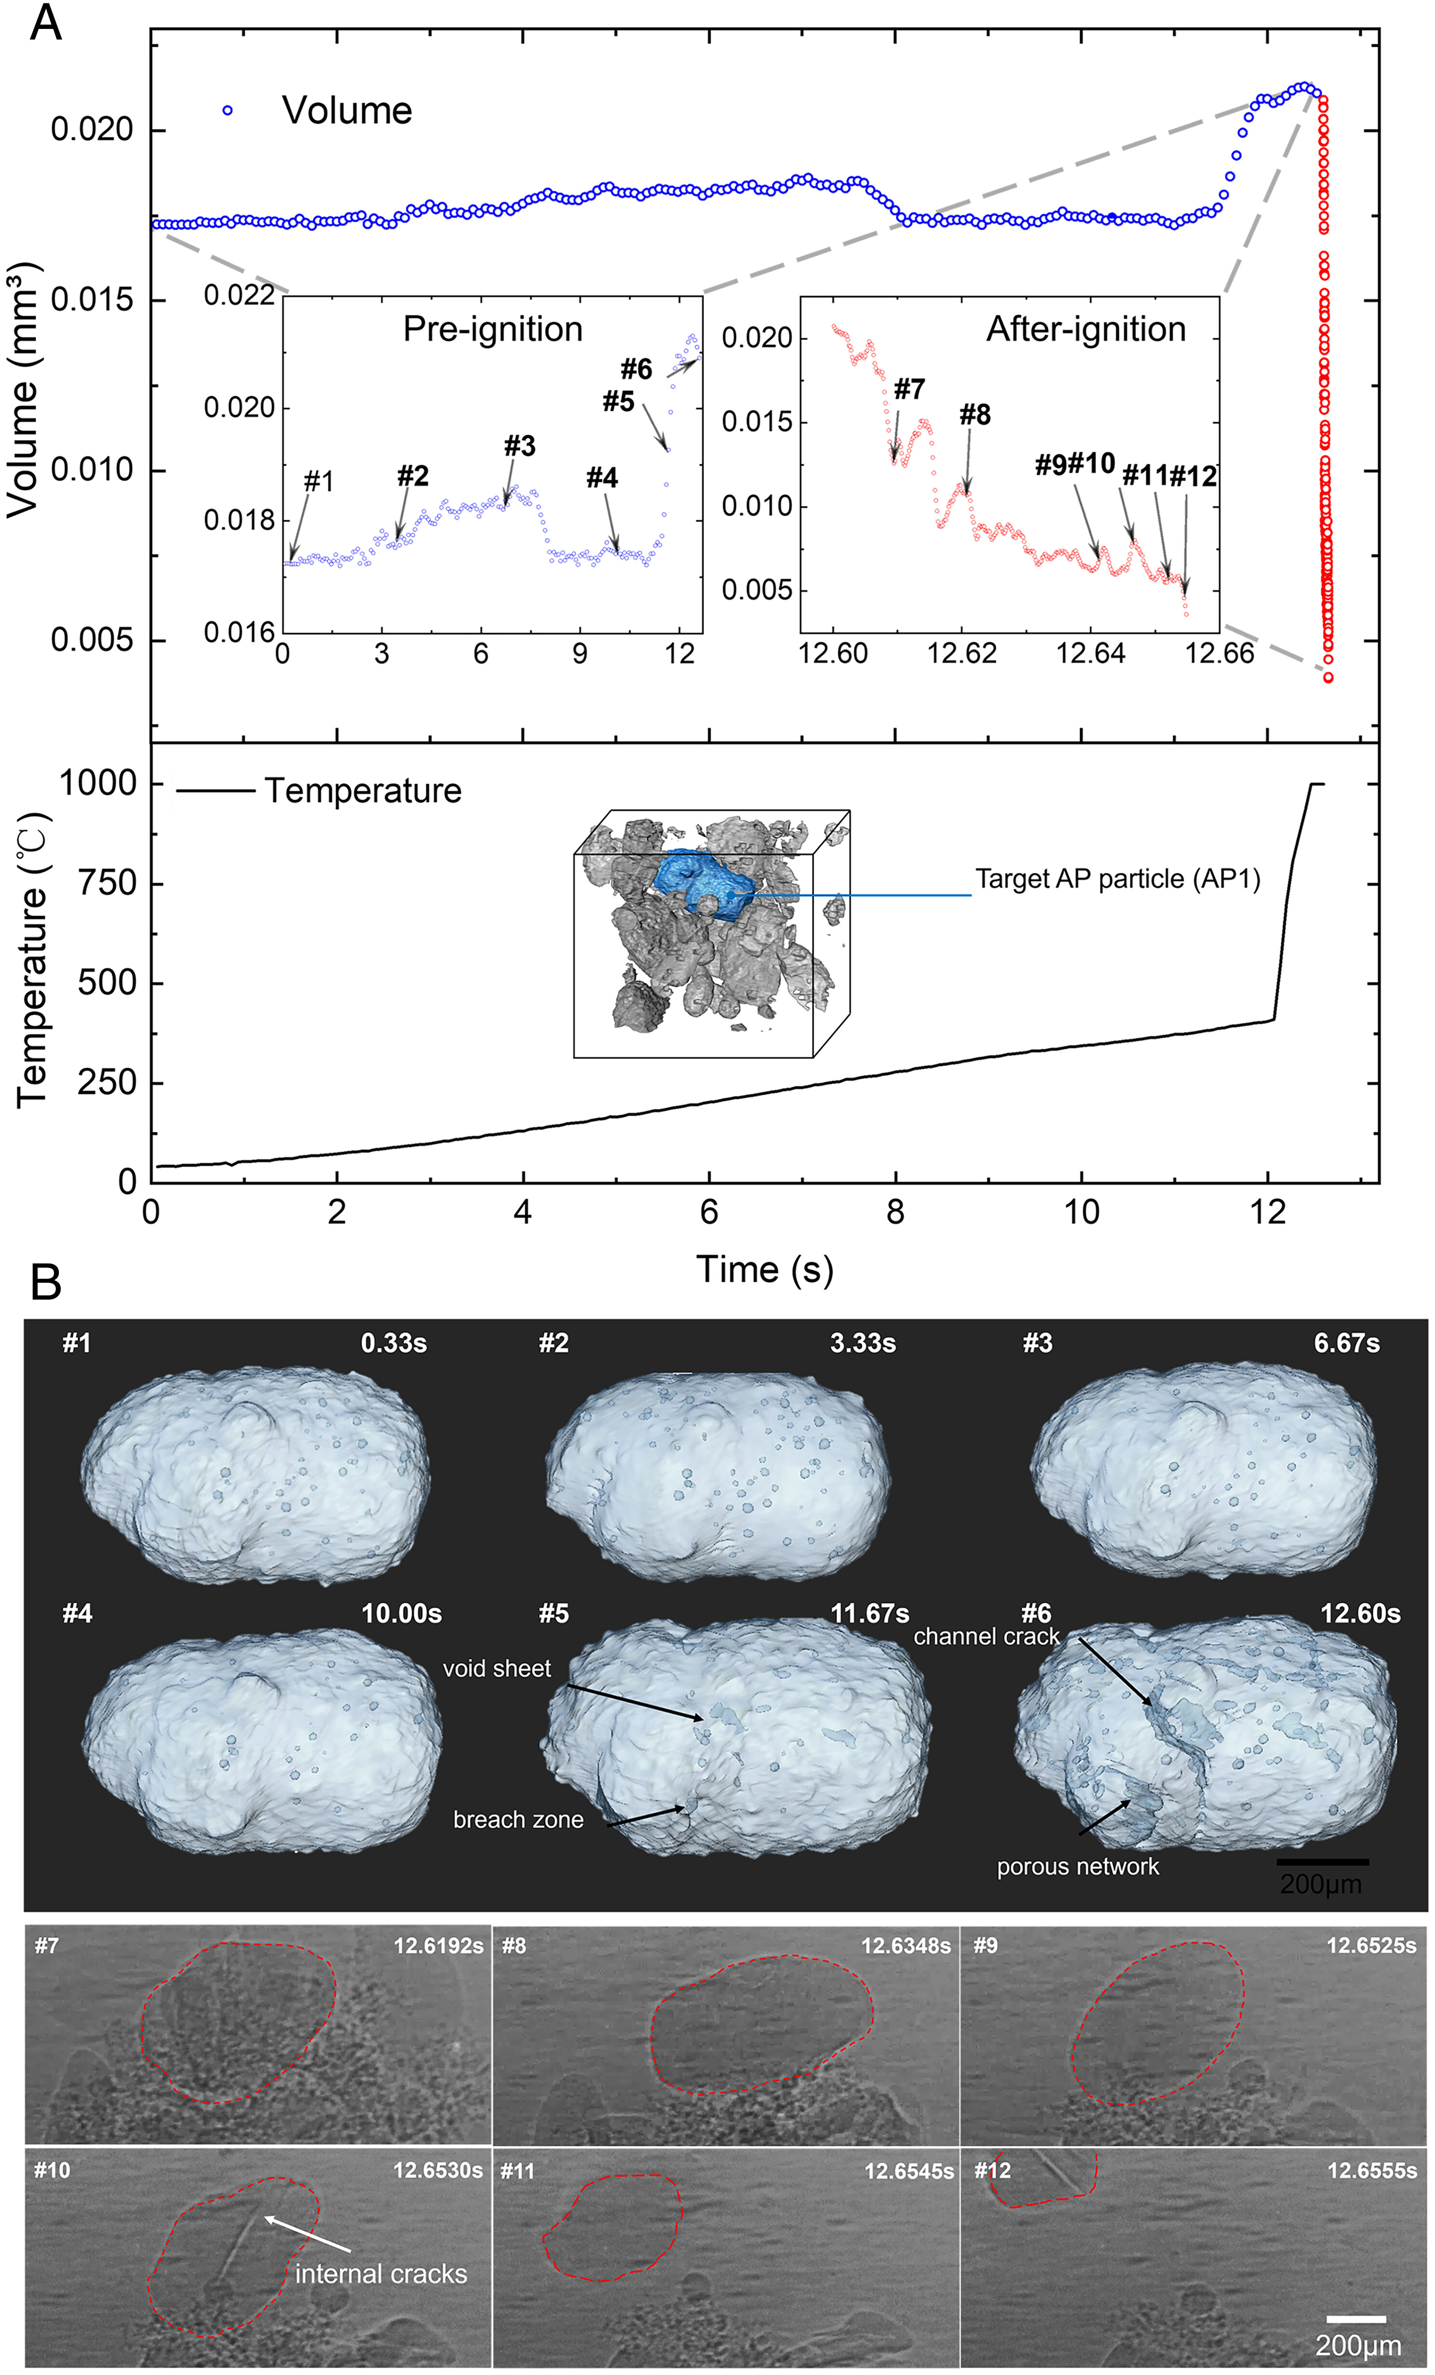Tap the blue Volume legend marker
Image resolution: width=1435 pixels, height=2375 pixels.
click(228, 111)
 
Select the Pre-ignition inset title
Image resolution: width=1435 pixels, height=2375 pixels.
click(492, 330)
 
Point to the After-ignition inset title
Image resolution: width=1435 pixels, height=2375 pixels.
click(1085, 330)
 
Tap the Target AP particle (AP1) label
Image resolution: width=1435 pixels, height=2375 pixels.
click(1117, 879)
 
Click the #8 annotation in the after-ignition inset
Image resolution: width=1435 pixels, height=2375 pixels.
click(975, 415)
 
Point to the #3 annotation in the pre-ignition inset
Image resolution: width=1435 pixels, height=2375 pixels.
click(519, 446)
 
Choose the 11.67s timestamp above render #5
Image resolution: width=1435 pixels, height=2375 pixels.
click(869, 1614)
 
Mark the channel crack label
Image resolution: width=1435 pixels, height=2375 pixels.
click(986, 1637)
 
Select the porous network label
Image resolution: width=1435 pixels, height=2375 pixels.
click(1077, 1867)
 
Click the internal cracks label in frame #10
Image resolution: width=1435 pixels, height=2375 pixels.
click(380, 2274)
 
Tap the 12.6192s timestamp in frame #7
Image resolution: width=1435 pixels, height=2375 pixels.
click(437, 1946)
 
